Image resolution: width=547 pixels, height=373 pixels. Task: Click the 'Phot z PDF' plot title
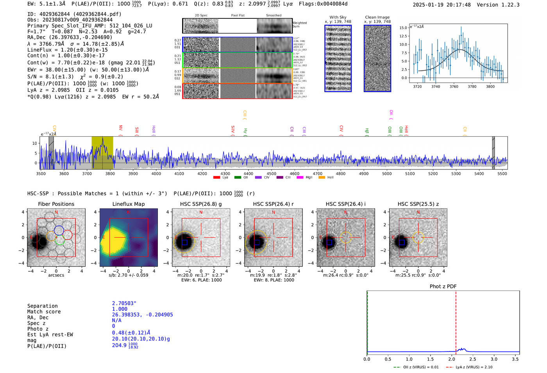pos(443,287)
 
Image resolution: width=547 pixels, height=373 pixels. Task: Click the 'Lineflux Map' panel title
pos(128,204)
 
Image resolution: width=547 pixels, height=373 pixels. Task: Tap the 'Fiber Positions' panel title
pos(56,204)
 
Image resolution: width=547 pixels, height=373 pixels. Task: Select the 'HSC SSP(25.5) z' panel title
pos(418,204)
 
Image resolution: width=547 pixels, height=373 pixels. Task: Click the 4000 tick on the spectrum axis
pos(156,173)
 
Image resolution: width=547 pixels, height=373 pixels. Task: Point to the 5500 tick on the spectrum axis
pos(502,173)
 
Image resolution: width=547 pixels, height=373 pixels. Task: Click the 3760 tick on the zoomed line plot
pos(454,86)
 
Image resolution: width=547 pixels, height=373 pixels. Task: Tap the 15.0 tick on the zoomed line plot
pos(403,28)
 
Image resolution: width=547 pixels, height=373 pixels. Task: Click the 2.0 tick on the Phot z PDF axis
pos(452,359)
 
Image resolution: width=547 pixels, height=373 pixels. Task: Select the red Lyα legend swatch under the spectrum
pos(216,178)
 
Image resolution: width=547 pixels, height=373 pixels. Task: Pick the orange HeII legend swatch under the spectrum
pos(322,178)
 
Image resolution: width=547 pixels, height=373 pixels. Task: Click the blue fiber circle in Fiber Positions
pos(59,230)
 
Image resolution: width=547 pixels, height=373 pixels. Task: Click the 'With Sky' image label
pos(338,17)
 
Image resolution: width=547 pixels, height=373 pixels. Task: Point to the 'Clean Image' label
pos(377,17)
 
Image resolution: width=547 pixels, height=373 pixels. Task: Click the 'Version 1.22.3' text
pos(504,5)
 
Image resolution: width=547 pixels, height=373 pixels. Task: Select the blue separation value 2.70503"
pos(124,303)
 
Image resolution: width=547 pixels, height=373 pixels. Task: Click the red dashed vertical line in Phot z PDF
pos(456,321)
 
